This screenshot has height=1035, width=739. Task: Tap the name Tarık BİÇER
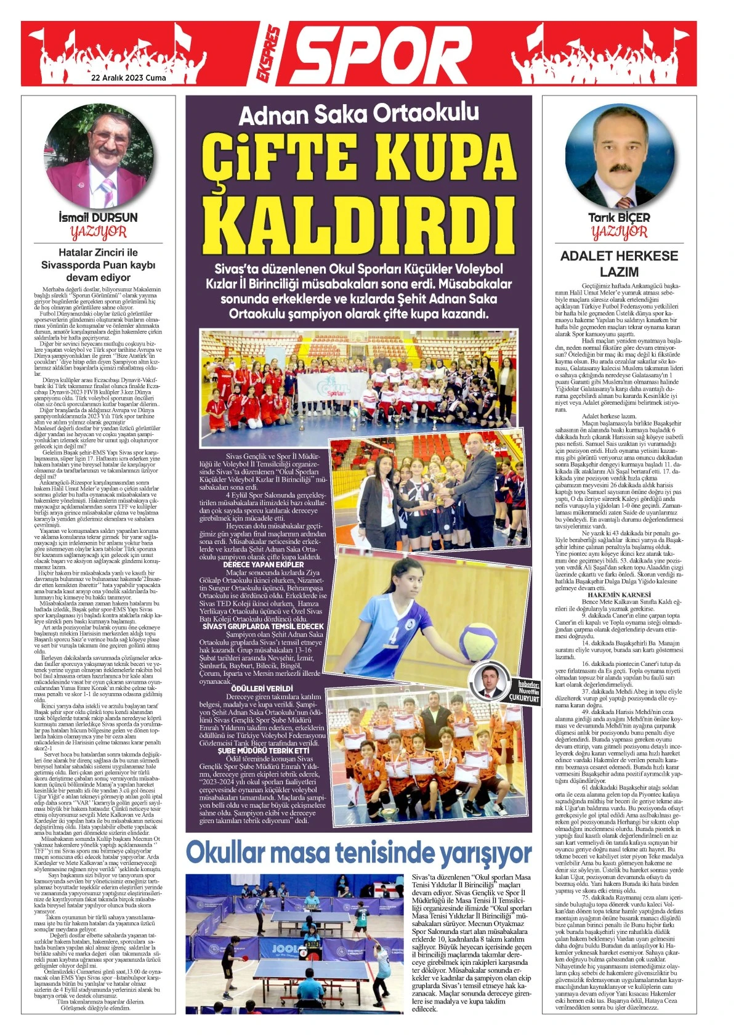619,217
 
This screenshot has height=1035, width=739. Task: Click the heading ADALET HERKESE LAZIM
619,264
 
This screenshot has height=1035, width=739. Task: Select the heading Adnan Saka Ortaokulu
359,115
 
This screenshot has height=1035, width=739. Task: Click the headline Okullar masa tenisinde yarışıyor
358,853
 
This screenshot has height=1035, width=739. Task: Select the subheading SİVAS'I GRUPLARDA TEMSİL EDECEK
263,626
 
